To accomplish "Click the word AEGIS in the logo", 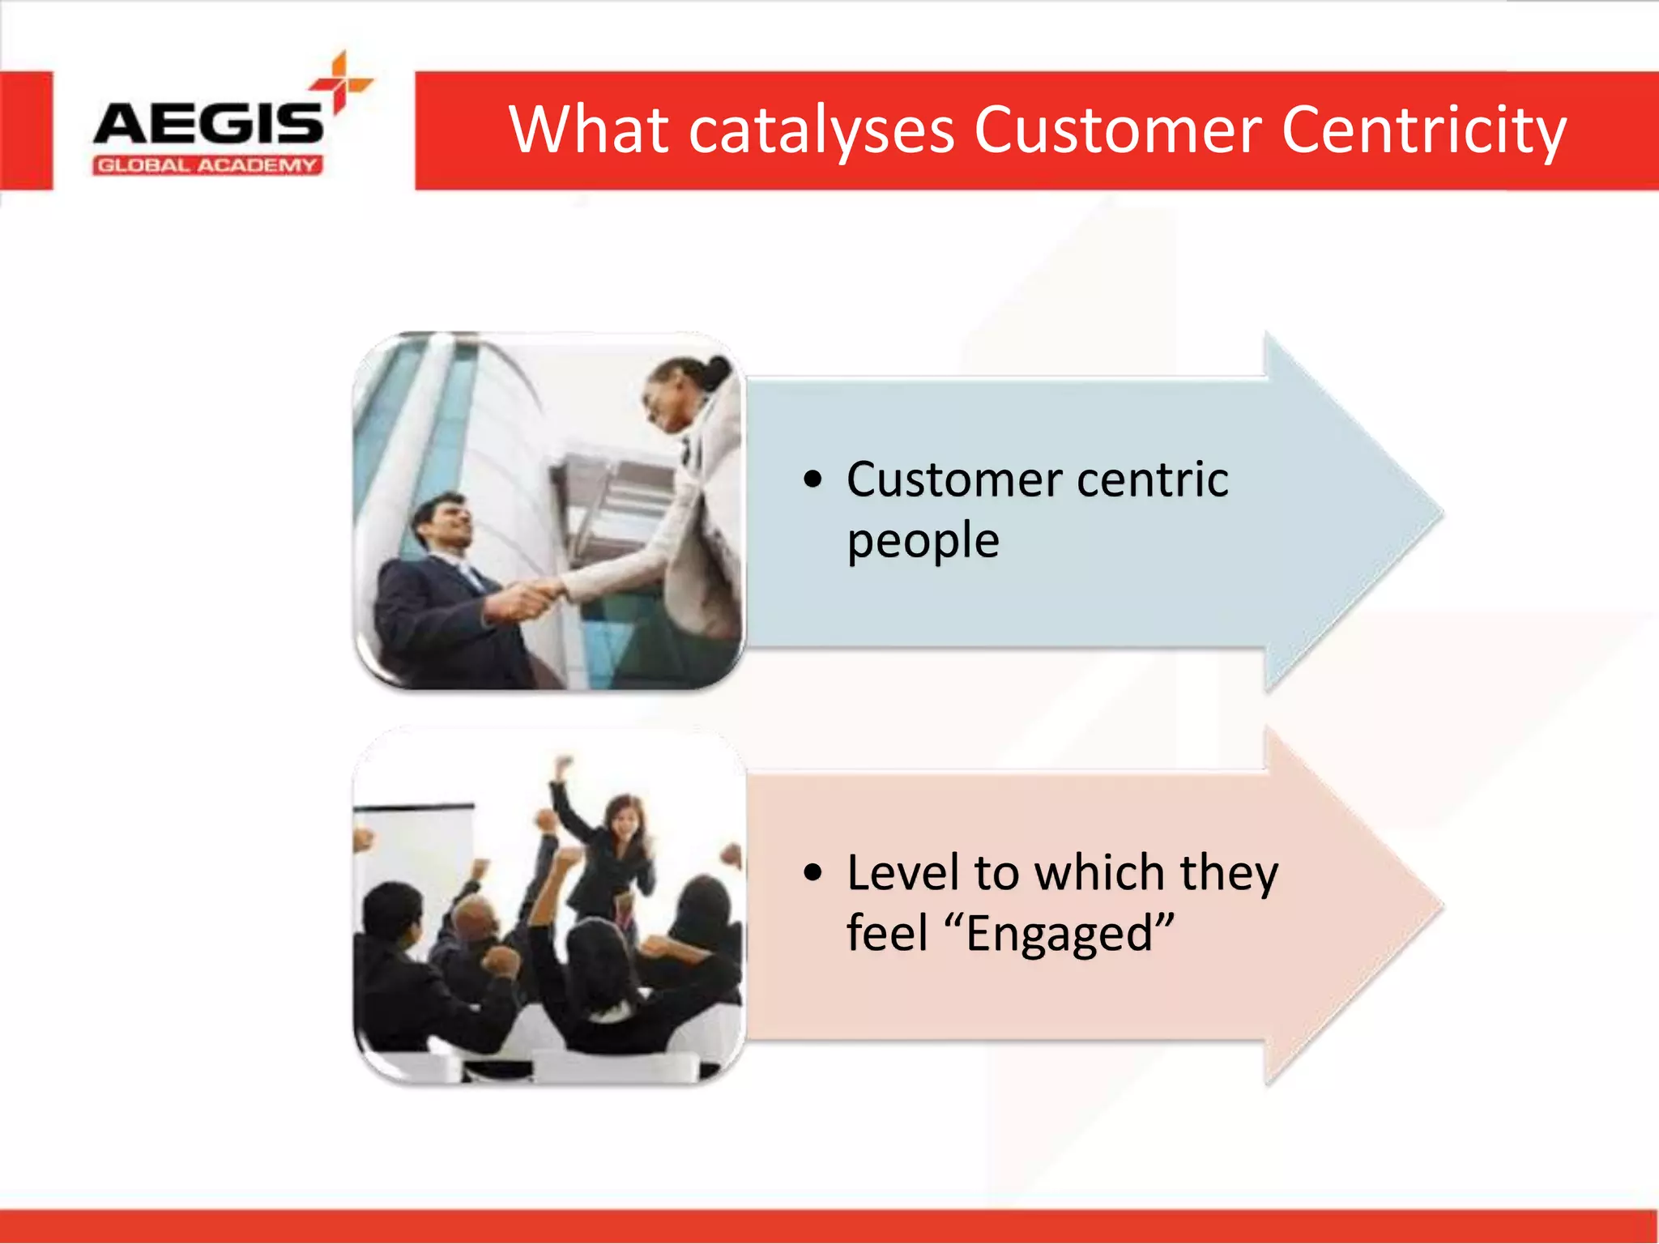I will tap(208, 124).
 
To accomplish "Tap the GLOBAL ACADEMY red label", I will tap(207, 166).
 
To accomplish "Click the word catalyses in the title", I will tap(821, 132).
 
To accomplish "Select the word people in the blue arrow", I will tap(923, 542).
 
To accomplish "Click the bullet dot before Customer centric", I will tap(812, 479).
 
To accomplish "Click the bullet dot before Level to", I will tap(812, 872).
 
